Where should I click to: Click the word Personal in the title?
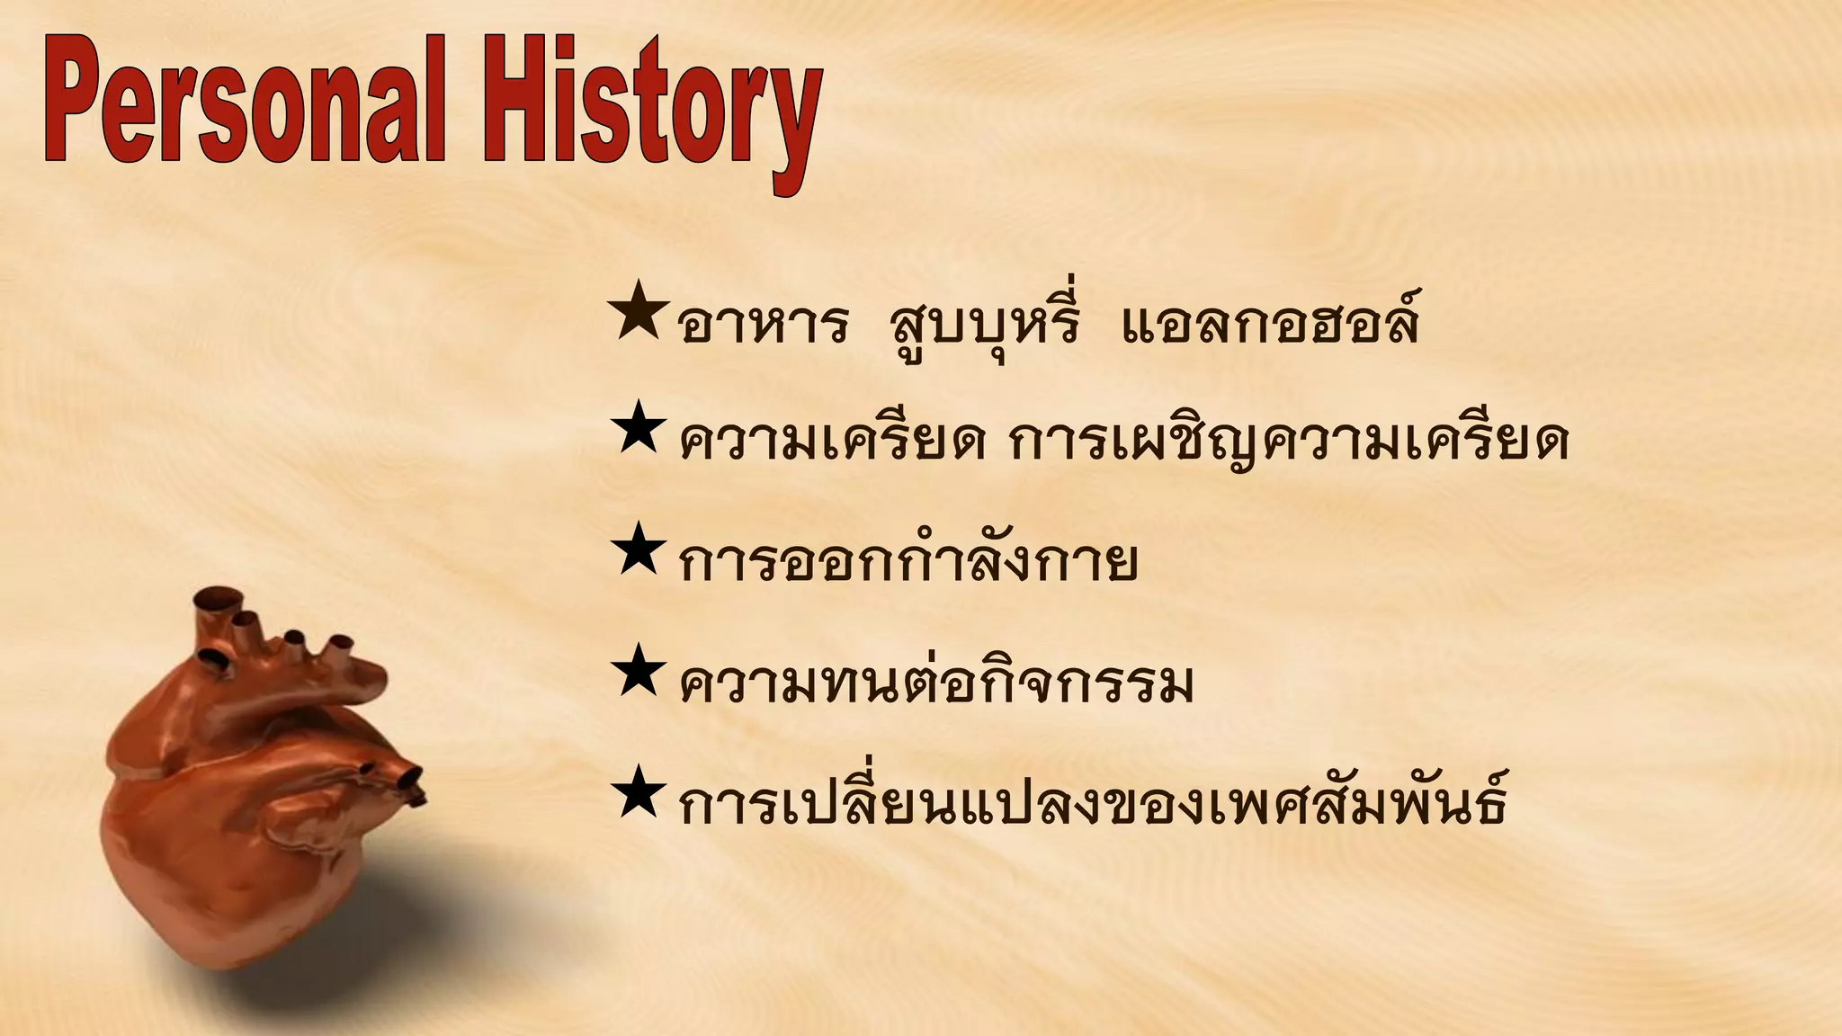(x=243, y=103)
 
